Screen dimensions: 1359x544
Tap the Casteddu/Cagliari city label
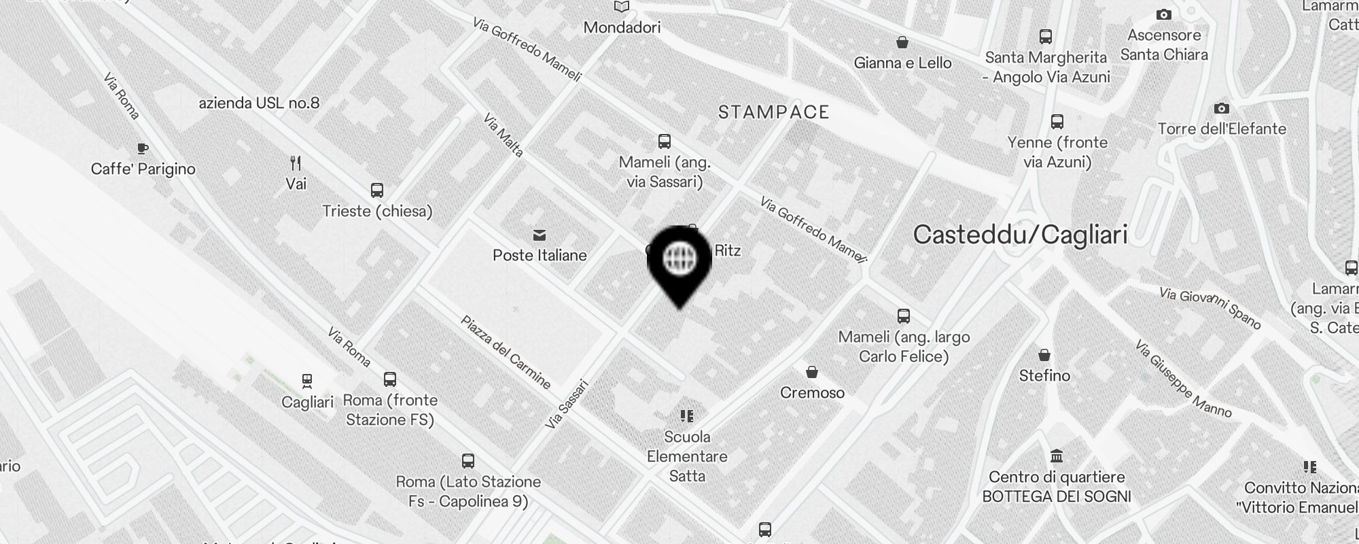(x=1020, y=235)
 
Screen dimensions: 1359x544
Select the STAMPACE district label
(x=773, y=112)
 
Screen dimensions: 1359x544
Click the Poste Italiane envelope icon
(x=540, y=235)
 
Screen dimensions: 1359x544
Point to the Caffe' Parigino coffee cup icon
(x=142, y=148)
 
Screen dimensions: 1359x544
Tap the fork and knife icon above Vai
(x=296, y=163)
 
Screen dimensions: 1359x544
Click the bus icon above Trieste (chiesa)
(x=377, y=190)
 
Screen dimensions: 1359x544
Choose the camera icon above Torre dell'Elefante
(x=1221, y=108)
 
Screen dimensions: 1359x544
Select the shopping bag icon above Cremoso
(x=811, y=372)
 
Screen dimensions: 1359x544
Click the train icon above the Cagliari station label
(x=307, y=381)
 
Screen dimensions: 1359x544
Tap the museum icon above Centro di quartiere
(x=1056, y=456)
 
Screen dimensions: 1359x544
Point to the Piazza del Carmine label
(x=506, y=352)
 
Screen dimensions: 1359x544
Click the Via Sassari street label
(x=567, y=404)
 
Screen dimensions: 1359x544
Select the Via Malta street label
(x=504, y=135)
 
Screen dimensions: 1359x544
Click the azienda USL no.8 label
(x=259, y=103)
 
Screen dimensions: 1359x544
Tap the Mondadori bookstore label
(x=622, y=28)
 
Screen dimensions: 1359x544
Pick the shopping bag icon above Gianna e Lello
(x=902, y=43)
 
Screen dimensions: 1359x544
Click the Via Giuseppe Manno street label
(x=1182, y=379)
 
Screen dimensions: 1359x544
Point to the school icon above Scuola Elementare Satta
(x=686, y=415)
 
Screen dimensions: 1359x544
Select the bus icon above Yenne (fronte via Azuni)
(x=1057, y=122)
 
